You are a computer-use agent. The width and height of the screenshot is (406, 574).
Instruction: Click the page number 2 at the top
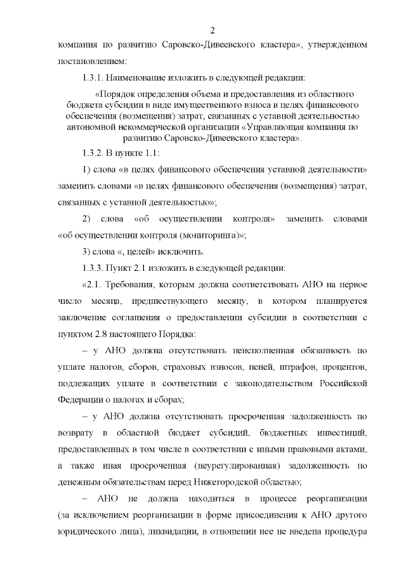click(x=213, y=30)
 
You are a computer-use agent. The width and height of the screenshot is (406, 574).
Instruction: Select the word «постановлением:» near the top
click(x=91, y=62)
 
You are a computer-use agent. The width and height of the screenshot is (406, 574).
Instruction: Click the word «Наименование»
click(x=140, y=79)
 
